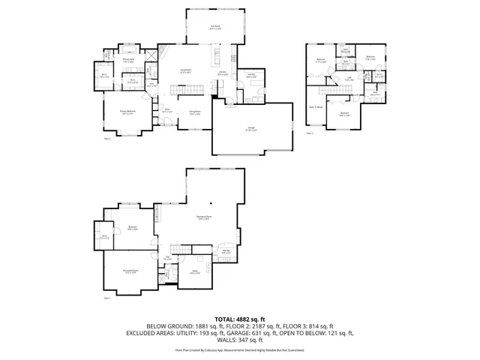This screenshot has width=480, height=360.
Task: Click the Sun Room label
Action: [215, 27]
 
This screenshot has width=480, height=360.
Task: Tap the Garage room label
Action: [250, 129]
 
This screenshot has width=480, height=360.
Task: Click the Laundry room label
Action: [250, 76]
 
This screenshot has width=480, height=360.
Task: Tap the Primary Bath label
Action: [128, 60]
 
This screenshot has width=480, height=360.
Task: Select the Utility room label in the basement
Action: [194, 272]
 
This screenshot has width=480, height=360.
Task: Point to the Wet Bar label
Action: [225, 251]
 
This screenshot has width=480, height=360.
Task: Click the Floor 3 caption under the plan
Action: [310, 133]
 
